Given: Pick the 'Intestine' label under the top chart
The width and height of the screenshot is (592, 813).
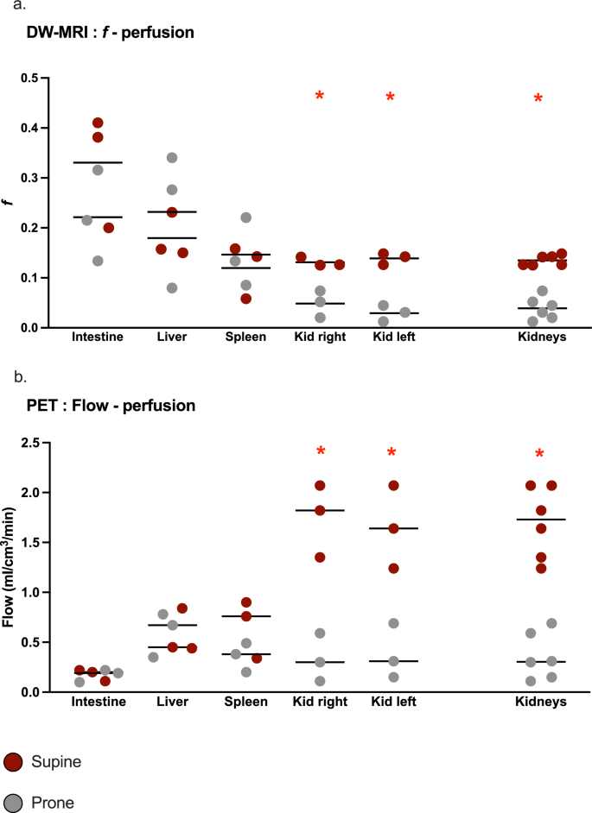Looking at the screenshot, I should click(98, 337).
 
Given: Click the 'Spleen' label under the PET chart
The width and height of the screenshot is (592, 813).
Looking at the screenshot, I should click(246, 702).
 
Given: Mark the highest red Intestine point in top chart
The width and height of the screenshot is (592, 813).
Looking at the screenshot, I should click(98, 123).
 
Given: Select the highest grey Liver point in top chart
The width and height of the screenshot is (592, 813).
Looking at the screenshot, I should click(172, 157).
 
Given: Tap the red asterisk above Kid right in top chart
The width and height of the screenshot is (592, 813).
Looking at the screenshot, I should click(320, 96).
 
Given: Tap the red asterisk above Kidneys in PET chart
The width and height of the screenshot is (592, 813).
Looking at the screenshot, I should click(538, 455).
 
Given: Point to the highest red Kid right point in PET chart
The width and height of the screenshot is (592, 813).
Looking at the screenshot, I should click(320, 486).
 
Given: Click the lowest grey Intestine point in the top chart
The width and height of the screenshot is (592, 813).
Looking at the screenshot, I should click(98, 261).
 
